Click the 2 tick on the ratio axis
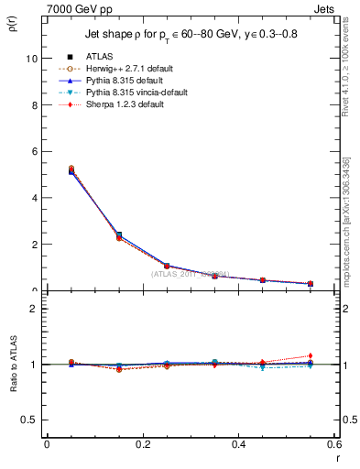(33, 309)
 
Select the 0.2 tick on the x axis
(142, 444)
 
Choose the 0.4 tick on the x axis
(238, 444)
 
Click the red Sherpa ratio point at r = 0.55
(311, 355)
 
